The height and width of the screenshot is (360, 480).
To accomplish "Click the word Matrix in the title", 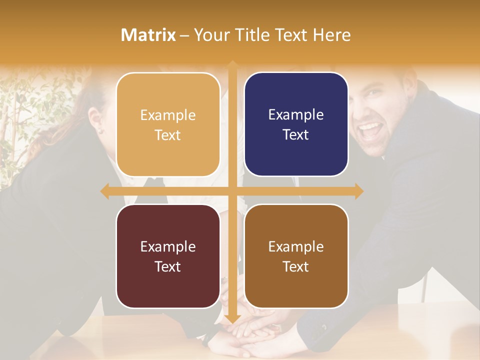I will (x=148, y=35).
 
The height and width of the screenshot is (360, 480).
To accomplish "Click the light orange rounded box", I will (x=168, y=124).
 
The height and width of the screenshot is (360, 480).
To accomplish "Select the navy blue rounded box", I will (x=296, y=124).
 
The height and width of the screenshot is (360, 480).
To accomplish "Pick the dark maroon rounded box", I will (x=168, y=256).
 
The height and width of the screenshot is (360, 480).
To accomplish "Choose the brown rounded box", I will (x=296, y=256).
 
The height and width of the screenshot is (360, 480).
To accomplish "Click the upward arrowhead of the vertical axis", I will (x=232, y=64).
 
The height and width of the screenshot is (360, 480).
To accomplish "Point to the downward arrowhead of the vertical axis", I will (x=232, y=318).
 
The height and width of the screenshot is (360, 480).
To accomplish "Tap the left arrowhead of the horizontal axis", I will (x=104, y=191).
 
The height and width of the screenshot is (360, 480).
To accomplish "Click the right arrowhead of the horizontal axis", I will (x=359, y=191).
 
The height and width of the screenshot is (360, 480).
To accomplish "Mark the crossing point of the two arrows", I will (x=232, y=191).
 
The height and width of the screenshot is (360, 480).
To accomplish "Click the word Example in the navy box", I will (x=296, y=114).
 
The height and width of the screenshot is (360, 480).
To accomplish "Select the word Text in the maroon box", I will (x=167, y=266).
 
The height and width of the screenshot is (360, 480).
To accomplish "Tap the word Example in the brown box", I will (x=296, y=246).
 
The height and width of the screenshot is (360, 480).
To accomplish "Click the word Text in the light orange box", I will (x=167, y=135).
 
